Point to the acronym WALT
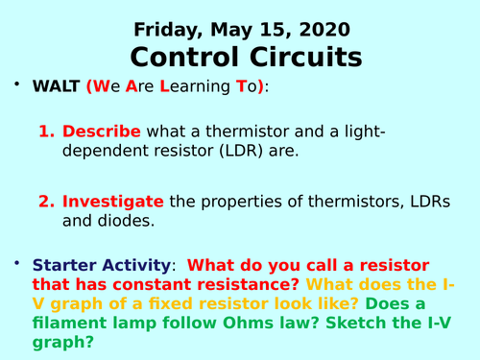58,87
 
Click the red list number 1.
45,132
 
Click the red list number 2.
45,202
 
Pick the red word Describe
102,132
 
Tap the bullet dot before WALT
16,85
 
